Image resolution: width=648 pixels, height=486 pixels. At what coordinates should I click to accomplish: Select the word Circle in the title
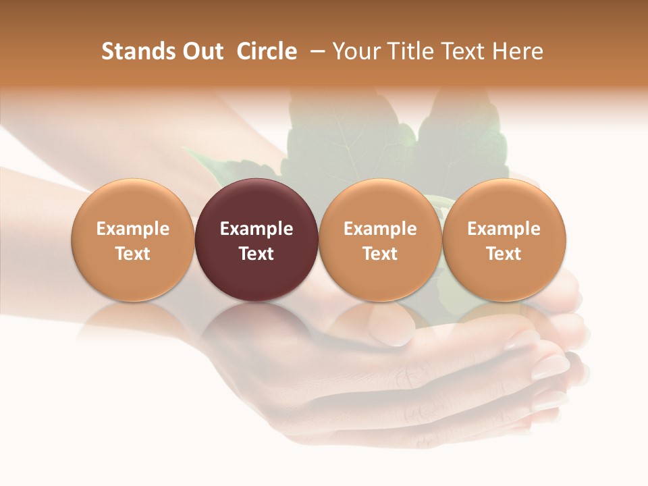point(267,51)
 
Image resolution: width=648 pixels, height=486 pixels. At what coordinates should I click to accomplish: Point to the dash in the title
point(315,51)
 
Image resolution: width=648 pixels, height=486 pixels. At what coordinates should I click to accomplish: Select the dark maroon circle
point(256,202)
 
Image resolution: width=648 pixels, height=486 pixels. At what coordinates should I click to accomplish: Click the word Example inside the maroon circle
point(256,229)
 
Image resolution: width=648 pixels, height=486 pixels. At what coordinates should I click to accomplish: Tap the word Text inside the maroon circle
point(256,254)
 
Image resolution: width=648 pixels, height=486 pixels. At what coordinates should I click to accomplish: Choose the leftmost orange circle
point(132,202)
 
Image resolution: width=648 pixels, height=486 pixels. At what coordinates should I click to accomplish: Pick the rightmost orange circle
point(504,202)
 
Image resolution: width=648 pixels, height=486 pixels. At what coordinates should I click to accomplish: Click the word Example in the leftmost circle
point(132,229)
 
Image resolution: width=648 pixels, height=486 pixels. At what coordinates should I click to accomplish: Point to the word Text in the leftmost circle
point(132,254)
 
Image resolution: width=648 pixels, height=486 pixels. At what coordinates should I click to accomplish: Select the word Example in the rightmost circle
point(504,229)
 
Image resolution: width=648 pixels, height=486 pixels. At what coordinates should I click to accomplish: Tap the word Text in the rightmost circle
point(504,254)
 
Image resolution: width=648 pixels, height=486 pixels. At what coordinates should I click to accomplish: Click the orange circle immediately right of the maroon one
point(380,202)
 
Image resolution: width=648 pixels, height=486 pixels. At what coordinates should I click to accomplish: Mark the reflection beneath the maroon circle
point(256,324)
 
